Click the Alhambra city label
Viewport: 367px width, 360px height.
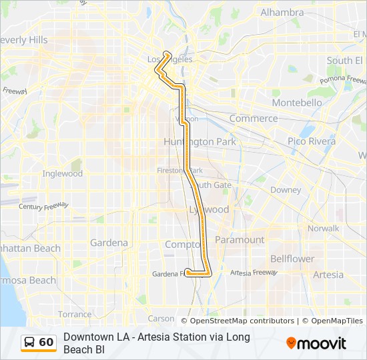pyautogui.click(x=282, y=12)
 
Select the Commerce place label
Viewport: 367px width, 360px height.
pyautogui.click(x=253, y=118)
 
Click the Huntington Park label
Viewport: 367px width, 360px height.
pyautogui.click(x=199, y=142)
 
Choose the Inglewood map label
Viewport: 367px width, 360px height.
pyautogui.click(x=63, y=173)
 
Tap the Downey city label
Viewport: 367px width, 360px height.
pyautogui.click(x=286, y=189)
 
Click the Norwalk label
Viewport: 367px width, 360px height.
pyautogui.click(x=324, y=228)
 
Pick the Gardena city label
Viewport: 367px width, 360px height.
pyautogui.click(x=109, y=243)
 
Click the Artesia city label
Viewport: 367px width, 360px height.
pyautogui.click(x=328, y=275)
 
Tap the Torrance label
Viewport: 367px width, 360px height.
pyautogui.click(x=75, y=314)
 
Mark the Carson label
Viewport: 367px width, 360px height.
pyautogui.click(x=161, y=319)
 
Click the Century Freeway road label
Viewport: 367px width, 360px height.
pyautogui.click(x=44, y=206)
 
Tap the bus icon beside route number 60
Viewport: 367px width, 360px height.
pyautogui.click(x=30, y=343)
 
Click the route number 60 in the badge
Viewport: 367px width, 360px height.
pyautogui.click(x=46, y=343)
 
